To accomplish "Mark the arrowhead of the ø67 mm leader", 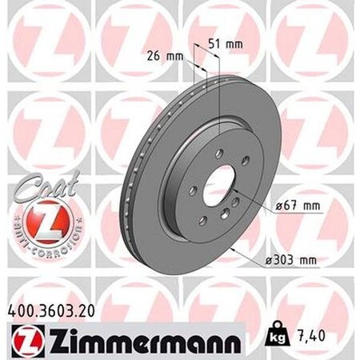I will pyautogui.click(x=234, y=189).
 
